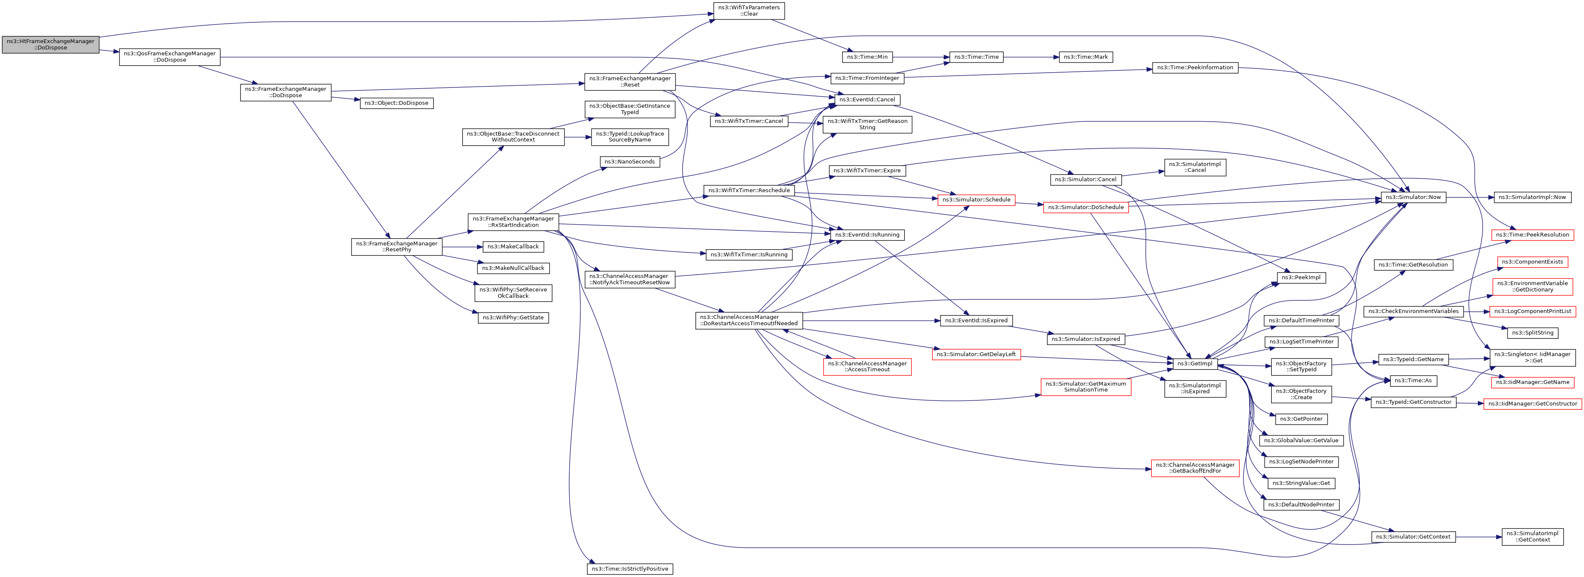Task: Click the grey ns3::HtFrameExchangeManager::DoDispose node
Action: click(x=50, y=45)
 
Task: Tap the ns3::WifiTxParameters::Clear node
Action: click(x=749, y=11)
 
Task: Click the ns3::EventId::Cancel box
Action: click(x=867, y=100)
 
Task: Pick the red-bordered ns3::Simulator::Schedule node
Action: click(x=976, y=200)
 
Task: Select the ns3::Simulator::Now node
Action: click(x=1412, y=197)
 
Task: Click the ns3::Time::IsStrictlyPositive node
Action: click(x=630, y=569)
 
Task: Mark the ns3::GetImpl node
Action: click(x=1194, y=364)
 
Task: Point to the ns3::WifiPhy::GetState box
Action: click(x=513, y=318)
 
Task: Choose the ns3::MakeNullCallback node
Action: click(x=513, y=269)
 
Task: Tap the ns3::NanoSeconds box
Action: click(x=629, y=162)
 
